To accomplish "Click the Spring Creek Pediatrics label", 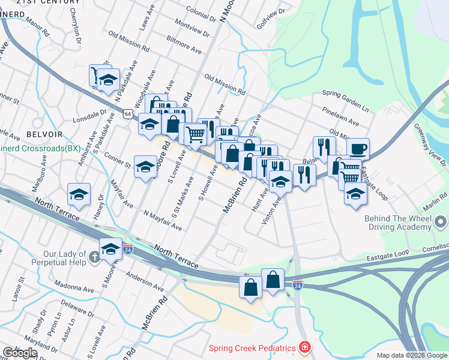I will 252,348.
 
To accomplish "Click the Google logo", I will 19,353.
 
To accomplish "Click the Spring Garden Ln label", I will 345,100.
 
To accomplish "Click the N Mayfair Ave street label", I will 162,220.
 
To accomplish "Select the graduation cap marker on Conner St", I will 145,167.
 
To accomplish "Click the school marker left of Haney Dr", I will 79,194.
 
